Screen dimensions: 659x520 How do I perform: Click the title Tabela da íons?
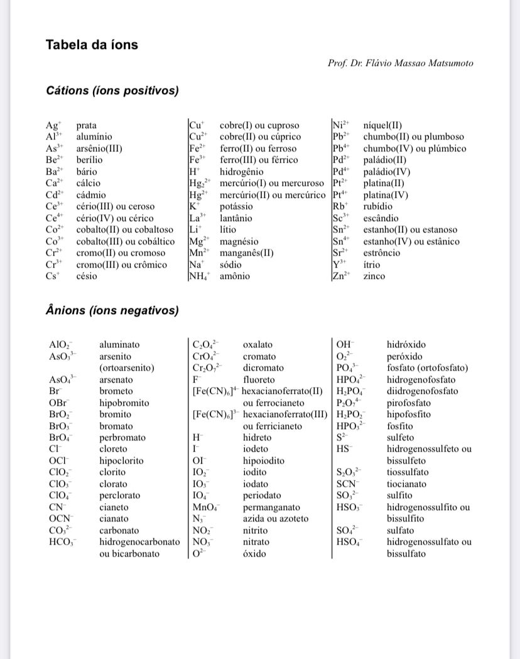[92, 45]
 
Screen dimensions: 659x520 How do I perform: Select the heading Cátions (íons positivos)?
[112, 91]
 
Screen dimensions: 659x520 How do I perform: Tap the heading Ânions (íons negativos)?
[112, 310]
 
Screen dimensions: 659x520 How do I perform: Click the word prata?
[87, 126]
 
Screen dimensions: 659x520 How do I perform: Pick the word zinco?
[374, 276]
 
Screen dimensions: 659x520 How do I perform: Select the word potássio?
[236, 206]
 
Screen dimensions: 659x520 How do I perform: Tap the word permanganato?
[271, 507]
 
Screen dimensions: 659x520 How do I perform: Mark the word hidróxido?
[406, 345]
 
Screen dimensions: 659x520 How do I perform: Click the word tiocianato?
[406, 484]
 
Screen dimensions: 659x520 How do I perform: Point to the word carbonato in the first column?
[119, 530]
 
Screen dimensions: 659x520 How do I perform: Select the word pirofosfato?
[410, 403]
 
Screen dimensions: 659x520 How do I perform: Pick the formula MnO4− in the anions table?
[205, 508]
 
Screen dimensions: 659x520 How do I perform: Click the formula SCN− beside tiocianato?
[347, 484]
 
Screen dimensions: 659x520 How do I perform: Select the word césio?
[87, 276]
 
